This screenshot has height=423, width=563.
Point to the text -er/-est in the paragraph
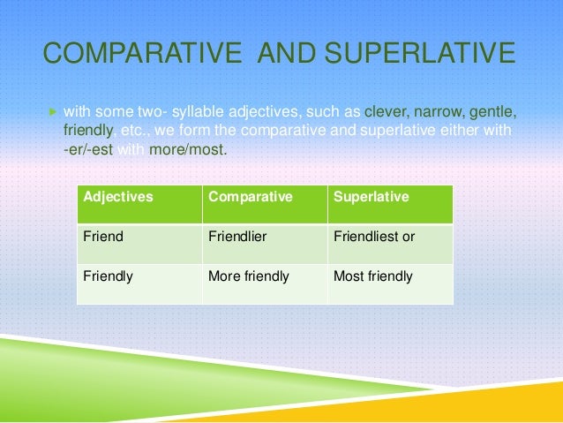tap(89, 150)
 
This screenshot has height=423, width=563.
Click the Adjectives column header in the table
tap(117, 197)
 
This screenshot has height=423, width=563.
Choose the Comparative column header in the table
tap(250, 197)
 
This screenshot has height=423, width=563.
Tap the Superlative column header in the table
tap(371, 197)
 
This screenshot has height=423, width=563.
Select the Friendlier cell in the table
tap(239, 237)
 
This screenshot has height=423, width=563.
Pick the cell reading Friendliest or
tap(373, 237)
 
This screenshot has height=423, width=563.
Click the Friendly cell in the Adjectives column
tap(108, 276)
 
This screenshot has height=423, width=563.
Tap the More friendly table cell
tap(248, 276)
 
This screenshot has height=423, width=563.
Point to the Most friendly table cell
tap(372, 276)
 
